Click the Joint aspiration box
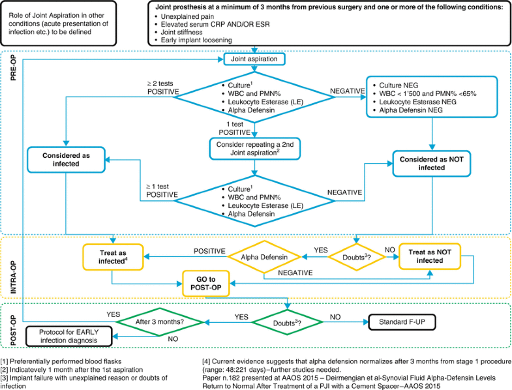click(x=254, y=59)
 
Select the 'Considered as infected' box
click(x=66, y=160)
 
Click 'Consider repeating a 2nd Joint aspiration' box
click(x=254, y=149)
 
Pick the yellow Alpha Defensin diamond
click(x=264, y=258)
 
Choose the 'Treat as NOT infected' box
click(x=430, y=256)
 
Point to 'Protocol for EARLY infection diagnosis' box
click(x=69, y=336)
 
